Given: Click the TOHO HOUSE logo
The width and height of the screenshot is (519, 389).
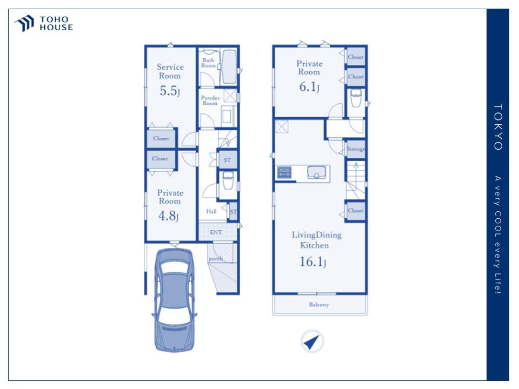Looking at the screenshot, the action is coord(44,23).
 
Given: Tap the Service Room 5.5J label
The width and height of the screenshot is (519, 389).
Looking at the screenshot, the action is coord(170,80).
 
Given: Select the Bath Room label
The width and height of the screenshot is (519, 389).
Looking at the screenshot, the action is coord(209,63).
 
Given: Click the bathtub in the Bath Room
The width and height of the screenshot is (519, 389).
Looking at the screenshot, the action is coord(229,66).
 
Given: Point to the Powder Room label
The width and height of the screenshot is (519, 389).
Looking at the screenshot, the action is coord(210,100).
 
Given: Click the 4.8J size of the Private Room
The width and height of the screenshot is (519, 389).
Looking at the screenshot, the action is coord(169,216).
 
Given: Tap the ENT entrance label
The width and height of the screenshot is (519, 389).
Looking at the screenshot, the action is coord(216,232).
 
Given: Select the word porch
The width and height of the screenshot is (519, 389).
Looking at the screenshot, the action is coord(216,259).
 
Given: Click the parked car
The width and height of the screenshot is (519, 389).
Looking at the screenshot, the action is coord(174,300).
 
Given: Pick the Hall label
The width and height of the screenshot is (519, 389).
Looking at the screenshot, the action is coord(211,211).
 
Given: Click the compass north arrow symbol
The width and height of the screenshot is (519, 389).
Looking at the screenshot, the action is coord(312,341).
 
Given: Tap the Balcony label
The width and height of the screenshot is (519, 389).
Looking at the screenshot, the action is coord(319,305).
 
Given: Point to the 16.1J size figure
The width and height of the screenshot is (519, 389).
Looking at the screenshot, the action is coord(313,262).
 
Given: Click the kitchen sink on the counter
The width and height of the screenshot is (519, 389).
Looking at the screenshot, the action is coord(317,173).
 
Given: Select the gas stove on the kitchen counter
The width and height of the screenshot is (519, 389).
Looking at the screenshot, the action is coord(284,173).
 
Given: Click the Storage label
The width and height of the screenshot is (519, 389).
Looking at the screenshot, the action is coord(356,149).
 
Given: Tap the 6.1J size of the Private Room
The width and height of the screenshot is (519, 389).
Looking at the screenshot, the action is coord(309,87).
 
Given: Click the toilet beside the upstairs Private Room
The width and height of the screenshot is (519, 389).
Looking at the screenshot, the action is coord(356,98).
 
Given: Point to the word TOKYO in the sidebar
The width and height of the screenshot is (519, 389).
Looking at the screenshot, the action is coord(498,127).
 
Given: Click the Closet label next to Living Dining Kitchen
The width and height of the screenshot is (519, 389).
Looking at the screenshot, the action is coord(356,210).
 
